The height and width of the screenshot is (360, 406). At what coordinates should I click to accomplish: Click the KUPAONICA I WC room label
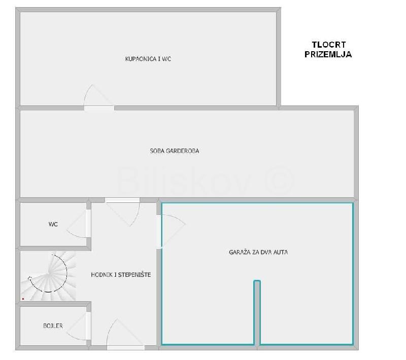click(148, 59)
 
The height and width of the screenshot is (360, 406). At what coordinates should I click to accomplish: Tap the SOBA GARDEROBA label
click(175, 151)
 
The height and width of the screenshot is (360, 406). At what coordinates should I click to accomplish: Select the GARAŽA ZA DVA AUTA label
click(258, 252)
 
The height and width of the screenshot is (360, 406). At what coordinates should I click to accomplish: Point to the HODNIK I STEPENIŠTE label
click(121, 275)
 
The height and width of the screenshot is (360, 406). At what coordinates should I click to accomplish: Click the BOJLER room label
click(53, 326)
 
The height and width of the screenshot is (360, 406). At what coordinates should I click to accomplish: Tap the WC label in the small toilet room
click(53, 224)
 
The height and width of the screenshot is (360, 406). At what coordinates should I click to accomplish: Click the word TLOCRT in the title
click(328, 45)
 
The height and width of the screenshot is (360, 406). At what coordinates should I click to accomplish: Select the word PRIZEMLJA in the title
click(328, 54)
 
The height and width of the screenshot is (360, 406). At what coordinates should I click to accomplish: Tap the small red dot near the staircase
click(23, 299)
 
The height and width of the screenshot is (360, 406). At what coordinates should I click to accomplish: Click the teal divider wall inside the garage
click(257, 312)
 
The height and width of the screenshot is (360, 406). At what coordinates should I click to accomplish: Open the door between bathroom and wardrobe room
click(99, 97)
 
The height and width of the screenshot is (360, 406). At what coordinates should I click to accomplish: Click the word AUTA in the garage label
click(281, 252)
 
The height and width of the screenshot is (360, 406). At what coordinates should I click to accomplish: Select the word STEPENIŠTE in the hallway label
click(134, 275)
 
